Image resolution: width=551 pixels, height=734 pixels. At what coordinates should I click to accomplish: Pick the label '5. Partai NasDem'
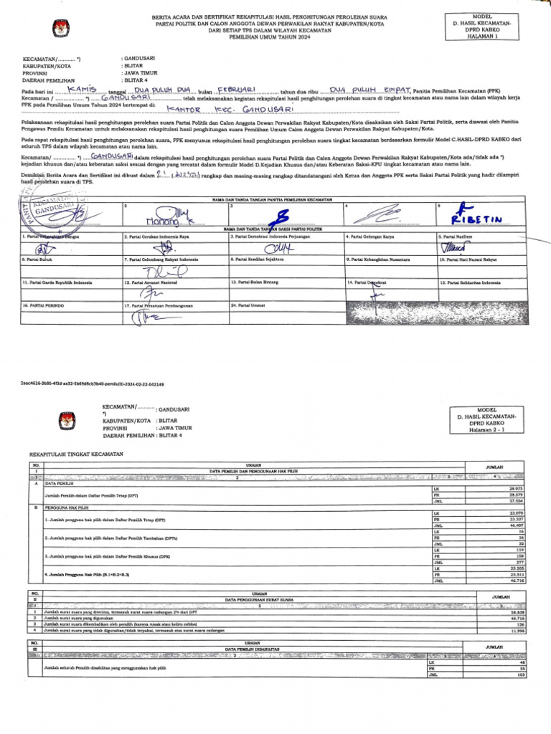point(454,236)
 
